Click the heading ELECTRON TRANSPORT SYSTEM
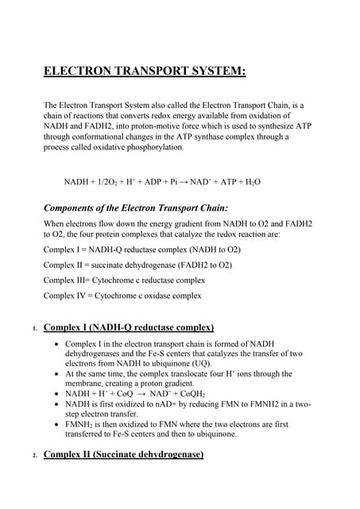[145, 73]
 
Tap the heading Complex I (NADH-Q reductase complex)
[128, 327]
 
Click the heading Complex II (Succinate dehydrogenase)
[123, 454]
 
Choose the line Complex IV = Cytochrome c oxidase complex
[122, 295]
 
